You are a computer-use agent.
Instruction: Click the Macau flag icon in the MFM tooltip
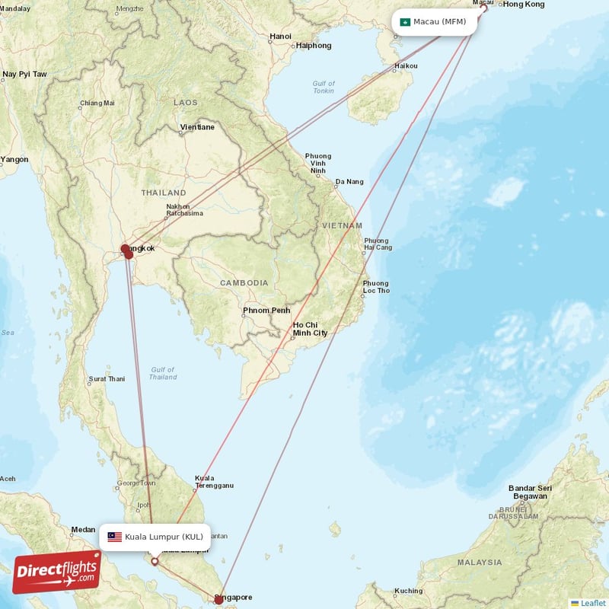[x=406, y=21]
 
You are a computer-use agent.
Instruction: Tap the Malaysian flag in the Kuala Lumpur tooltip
[x=115, y=537]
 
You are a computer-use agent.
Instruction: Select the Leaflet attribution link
[x=592, y=603]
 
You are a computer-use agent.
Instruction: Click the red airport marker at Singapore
[x=218, y=600]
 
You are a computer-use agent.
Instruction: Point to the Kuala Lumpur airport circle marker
[x=155, y=562]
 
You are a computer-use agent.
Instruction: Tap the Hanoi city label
[x=280, y=36]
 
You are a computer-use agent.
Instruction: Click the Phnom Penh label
[x=266, y=311]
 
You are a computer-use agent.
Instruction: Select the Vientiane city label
[x=197, y=127]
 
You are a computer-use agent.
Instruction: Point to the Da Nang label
[x=349, y=182]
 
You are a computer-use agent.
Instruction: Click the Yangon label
[x=14, y=160]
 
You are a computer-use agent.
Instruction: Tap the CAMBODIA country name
[x=244, y=283]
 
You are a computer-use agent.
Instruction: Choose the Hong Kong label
[x=524, y=5]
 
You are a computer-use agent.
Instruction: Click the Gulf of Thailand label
[x=163, y=373]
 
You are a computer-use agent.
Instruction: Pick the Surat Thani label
[x=107, y=378]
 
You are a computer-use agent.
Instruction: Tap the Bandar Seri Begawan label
[x=529, y=492]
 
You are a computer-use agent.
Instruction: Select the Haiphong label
[x=314, y=46]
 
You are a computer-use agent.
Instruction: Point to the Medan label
[x=83, y=529]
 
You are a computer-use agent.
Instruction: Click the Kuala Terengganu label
[x=214, y=481]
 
